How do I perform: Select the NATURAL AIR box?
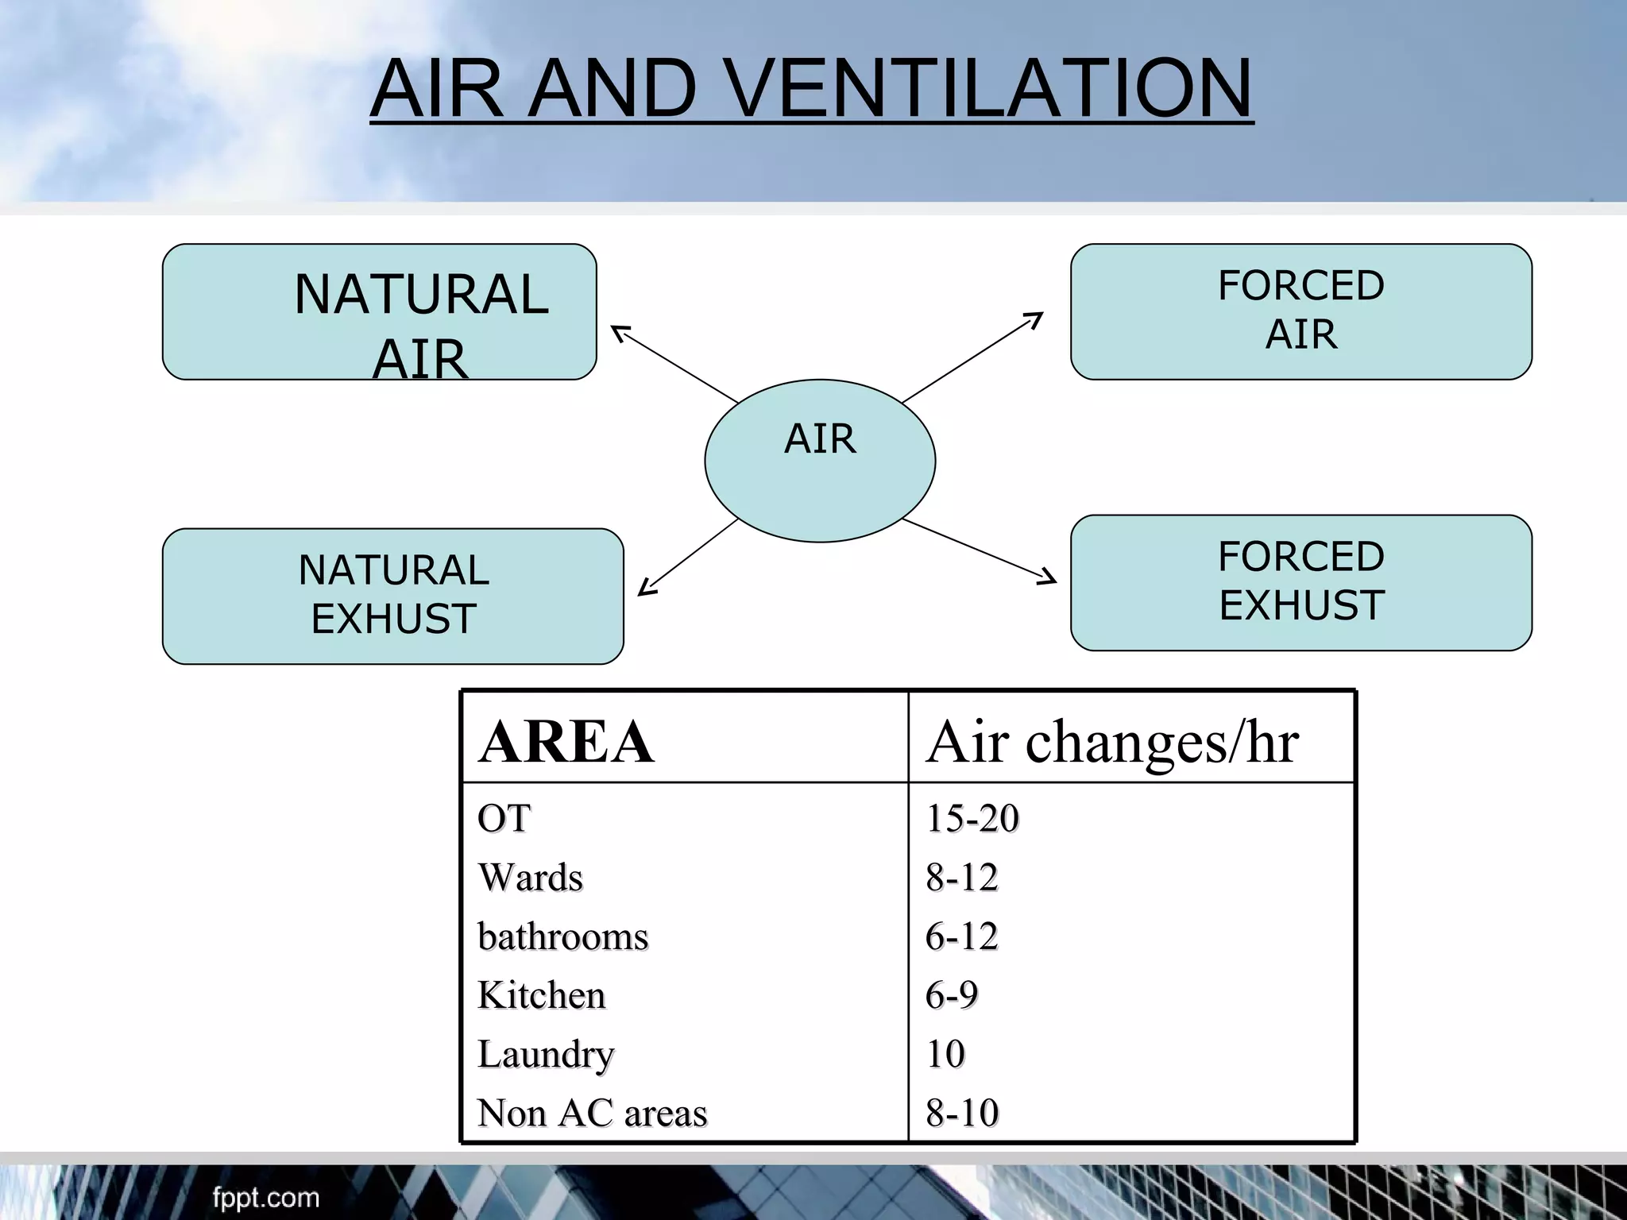379,311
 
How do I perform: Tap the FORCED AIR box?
1300,311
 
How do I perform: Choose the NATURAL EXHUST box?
392,596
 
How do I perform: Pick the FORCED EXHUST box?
1300,582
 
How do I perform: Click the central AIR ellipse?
820,461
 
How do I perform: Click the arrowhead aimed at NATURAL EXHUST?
645,589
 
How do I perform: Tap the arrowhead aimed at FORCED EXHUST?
1049,579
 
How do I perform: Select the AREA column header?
566,742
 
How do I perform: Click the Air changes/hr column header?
1112,742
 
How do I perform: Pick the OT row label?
504,818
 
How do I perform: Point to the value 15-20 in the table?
972,818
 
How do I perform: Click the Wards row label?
530,878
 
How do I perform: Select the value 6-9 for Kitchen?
951,995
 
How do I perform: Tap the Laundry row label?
546,1055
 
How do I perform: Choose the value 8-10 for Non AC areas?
961,1113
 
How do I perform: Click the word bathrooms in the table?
562,936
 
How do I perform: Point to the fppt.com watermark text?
265,1197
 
